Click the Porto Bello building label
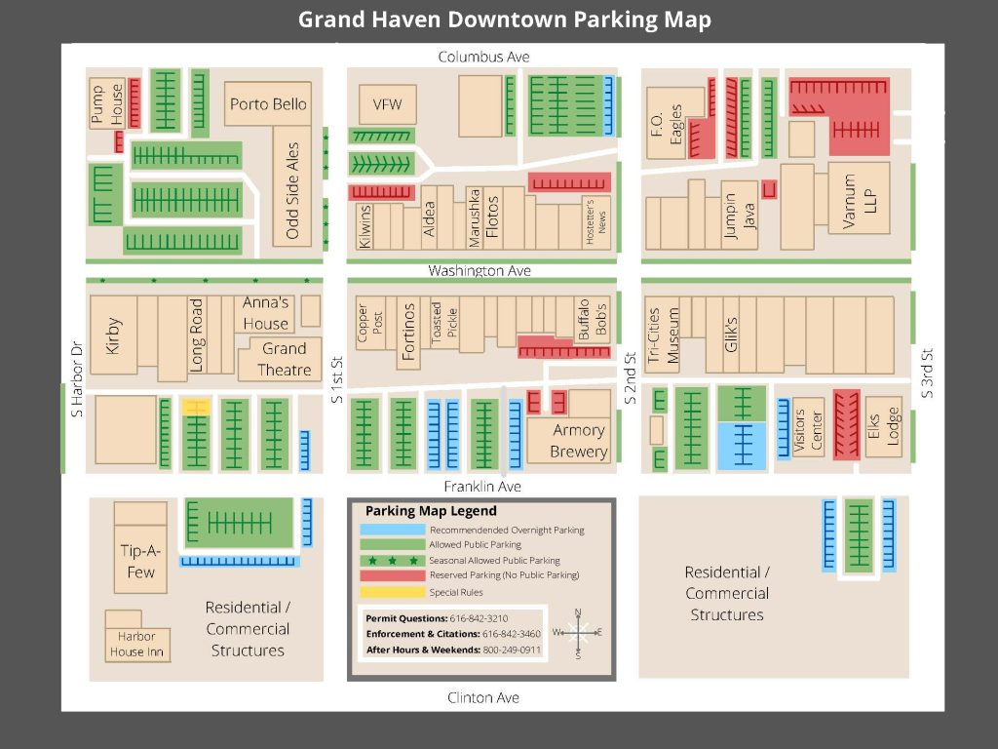point(268,104)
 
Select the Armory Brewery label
point(579,441)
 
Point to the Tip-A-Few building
point(140,562)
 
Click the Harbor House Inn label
point(138,645)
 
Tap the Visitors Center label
point(808,429)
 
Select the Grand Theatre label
point(284,359)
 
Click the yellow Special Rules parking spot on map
point(196,407)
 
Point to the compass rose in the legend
point(578,633)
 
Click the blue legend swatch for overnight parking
point(393,530)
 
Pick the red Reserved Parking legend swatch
point(393,575)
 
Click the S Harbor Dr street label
point(77,379)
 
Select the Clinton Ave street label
point(483,697)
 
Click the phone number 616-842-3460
point(511,634)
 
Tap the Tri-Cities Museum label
point(663,335)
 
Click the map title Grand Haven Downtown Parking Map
point(504,20)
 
